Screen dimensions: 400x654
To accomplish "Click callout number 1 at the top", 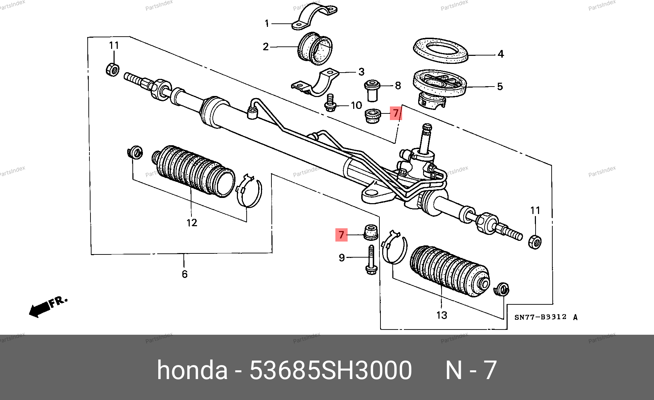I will pyautogui.click(x=267, y=23).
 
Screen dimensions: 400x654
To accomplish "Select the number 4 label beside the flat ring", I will pyautogui.click(x=501, y=54).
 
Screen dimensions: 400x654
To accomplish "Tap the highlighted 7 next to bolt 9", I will pyautogui.click(x=341, y=235).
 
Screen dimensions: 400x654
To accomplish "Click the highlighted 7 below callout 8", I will pyautogui.click(x=396, y=113).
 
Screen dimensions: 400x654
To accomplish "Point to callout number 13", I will pyautogui.click(x=442, y=315).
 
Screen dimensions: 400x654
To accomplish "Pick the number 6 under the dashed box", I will pyautogui.click(x=184, y=274).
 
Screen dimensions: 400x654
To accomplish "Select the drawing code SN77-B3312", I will pyautogui.click(x=540, y=317).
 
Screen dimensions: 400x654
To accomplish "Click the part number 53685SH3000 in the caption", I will pyautogui.click(x=330, y=370).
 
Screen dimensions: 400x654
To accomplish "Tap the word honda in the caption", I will pyautogui.click(x=192, y=370).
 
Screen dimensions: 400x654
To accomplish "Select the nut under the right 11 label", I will pyautogui.click(x=535, y=242).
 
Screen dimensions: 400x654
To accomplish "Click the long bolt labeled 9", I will pyautogui.click(x=371, y=260).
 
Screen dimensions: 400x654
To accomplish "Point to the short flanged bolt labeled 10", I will pyautogui.click(x=330, y=103).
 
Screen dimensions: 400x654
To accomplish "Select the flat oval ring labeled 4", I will pyautogui.click(x=440, y=51).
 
